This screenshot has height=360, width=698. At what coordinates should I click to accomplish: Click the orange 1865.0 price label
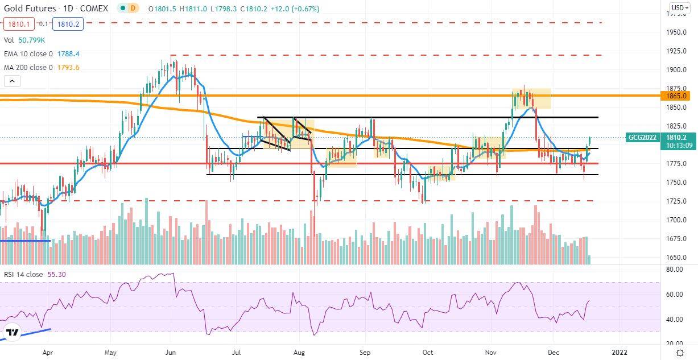[x=675, y=96]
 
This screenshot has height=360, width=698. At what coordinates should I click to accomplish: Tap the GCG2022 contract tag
[x=642, y=137]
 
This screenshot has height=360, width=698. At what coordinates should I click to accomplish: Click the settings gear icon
[x=680, y=353]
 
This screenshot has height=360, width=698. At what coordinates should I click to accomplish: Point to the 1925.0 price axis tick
[x=676, y=51]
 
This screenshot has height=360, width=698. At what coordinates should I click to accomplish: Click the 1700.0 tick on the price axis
[x=676, y=220]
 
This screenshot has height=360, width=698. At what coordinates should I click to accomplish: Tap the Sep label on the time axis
[x=365, y=353]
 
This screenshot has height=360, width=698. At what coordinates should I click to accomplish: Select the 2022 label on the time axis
[x=619, y=353]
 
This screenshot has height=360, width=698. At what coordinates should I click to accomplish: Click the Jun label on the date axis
[x=171, y=353]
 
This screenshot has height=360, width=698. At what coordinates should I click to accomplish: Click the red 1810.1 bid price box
[x=19, y=24]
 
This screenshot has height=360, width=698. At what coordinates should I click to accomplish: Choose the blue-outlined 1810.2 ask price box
[x=68, y=24]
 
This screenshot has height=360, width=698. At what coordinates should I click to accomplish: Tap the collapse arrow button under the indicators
[x=12, y=81]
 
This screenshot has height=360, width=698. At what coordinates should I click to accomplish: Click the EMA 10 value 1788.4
[x=68, y=54]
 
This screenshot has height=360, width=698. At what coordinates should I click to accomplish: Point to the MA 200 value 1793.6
[x=68, y=67]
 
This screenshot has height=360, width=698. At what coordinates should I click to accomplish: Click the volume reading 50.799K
[x=31, y=40]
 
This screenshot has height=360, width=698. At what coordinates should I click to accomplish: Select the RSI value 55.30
[x=56, y=274]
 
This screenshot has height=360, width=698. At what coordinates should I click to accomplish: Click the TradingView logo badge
[x=12, y=333]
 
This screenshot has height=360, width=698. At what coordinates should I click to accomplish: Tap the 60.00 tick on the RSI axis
[x=674, y=294]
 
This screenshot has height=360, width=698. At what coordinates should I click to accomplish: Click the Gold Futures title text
[x=30, y=9]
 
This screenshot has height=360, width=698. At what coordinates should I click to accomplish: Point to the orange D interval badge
[x=133, y=9]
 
